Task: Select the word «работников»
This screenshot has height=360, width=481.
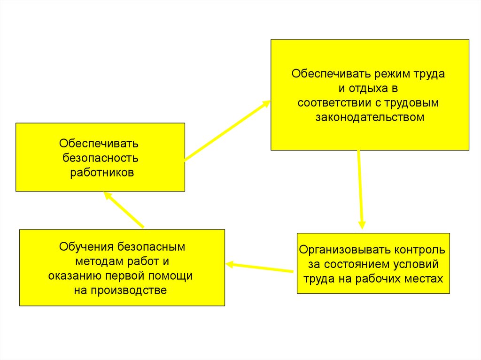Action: pos(102,172)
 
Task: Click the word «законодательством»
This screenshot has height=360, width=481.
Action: pos(370,117)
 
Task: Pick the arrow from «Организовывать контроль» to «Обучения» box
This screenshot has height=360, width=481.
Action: pos(260,268)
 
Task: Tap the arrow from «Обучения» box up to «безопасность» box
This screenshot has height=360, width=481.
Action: pos(124,209)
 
